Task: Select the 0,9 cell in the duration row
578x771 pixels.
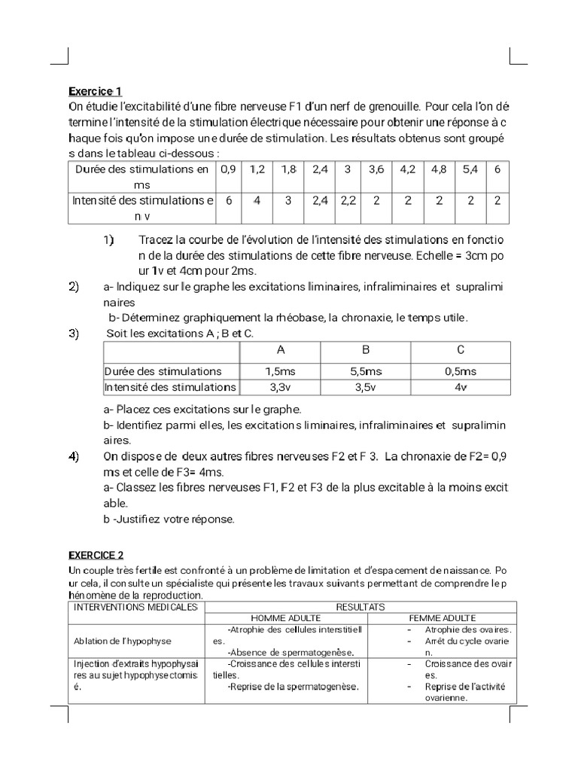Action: click(228, 170)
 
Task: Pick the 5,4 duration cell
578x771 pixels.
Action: click(470, 170)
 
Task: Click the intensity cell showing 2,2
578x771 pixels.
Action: click(347, 201)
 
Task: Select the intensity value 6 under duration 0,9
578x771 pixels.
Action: click(228, 201)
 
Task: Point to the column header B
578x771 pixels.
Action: click(366, 350)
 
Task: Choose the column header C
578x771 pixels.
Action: click(461, 350)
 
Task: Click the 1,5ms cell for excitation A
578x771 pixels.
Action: click(280, 371)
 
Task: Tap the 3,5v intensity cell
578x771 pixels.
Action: click(366, 388)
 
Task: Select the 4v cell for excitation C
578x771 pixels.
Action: click(461, 388)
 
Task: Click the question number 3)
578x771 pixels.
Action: click(75, 334)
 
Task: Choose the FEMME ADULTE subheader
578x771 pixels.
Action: click(448, 618)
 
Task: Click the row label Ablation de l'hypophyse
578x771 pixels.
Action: click(123, 641)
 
